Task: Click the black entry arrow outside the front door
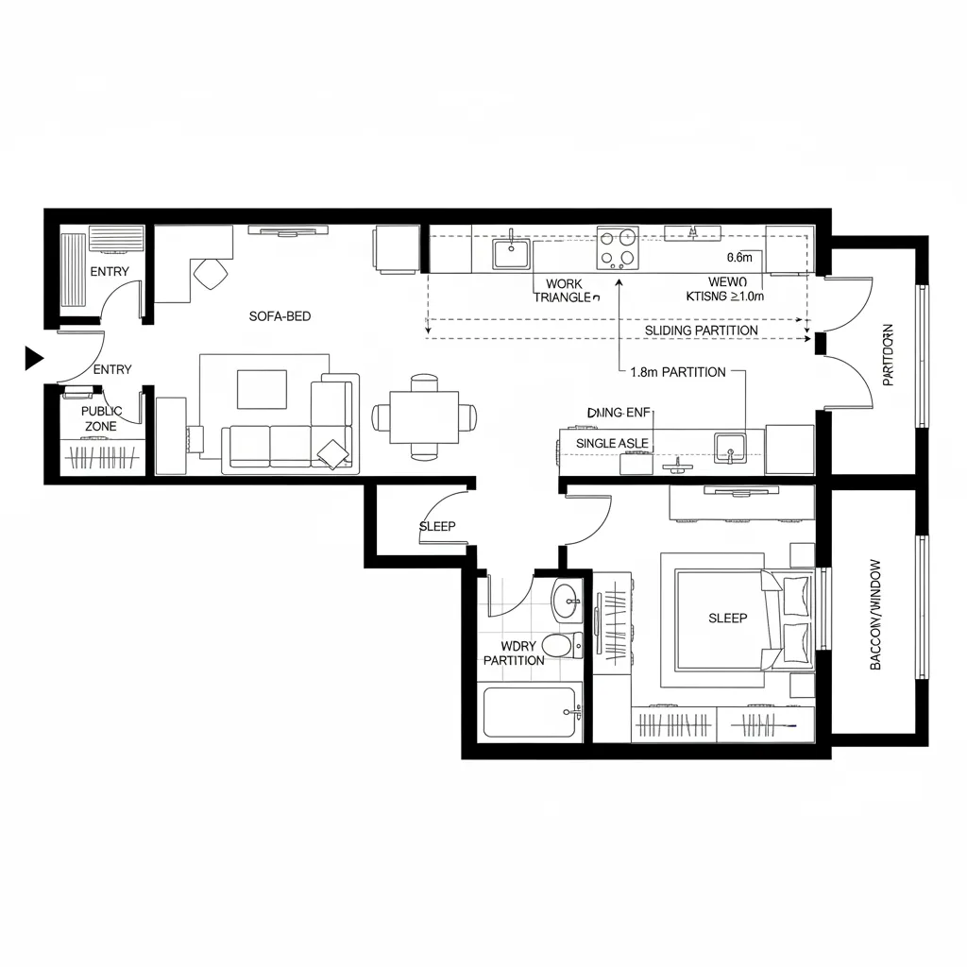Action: [34, 357]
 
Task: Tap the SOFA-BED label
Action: [280, 316]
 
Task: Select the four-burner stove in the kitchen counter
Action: [617, 249]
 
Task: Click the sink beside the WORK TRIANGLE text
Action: [510, 253]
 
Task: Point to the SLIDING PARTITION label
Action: [701, 331]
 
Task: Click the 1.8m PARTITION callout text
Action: [677, 372]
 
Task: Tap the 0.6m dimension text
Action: [739, 257]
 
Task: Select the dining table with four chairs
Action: [424, 416]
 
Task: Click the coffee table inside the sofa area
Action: [262, 388]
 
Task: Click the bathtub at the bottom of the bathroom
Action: [531, 713]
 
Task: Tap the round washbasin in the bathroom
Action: [567, 600]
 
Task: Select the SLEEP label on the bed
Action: [727, 619]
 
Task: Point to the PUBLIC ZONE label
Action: [102, 419]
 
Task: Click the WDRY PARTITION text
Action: [513, 653]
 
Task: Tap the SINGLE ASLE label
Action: [611, 443]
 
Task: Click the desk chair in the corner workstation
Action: [211, 274]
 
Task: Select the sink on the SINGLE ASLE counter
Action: [730, 447]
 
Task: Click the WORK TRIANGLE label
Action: [564, 290]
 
